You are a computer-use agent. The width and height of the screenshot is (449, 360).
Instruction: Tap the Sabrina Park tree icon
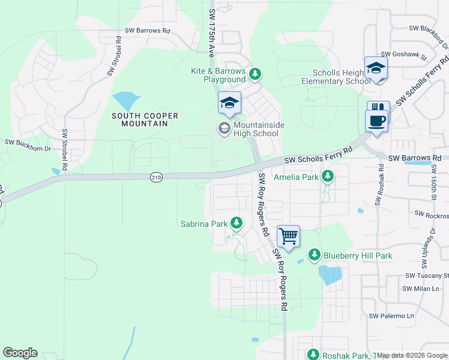pos(237,224)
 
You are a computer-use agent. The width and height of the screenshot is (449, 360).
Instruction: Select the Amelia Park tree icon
pos(327,176)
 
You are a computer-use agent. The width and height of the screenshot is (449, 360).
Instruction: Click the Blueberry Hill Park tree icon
pos(314,255)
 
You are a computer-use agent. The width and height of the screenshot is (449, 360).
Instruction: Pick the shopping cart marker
pos(288,236)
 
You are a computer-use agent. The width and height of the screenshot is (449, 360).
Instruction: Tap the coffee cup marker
pos(376,121)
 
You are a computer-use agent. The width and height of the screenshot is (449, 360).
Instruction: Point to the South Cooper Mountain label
pos(139,119)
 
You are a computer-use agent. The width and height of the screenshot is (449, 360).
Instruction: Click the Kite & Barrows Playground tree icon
pos(255,74)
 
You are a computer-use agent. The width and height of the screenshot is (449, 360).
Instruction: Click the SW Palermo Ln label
pos(392,316)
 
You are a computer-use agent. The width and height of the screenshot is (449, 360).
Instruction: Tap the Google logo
pos(20,353)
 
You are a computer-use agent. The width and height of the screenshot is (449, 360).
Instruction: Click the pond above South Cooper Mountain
pos(124,99)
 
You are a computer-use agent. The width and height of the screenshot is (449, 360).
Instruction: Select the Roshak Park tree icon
pos(313,355)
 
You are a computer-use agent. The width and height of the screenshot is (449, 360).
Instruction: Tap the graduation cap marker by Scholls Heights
pos(376,68)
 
